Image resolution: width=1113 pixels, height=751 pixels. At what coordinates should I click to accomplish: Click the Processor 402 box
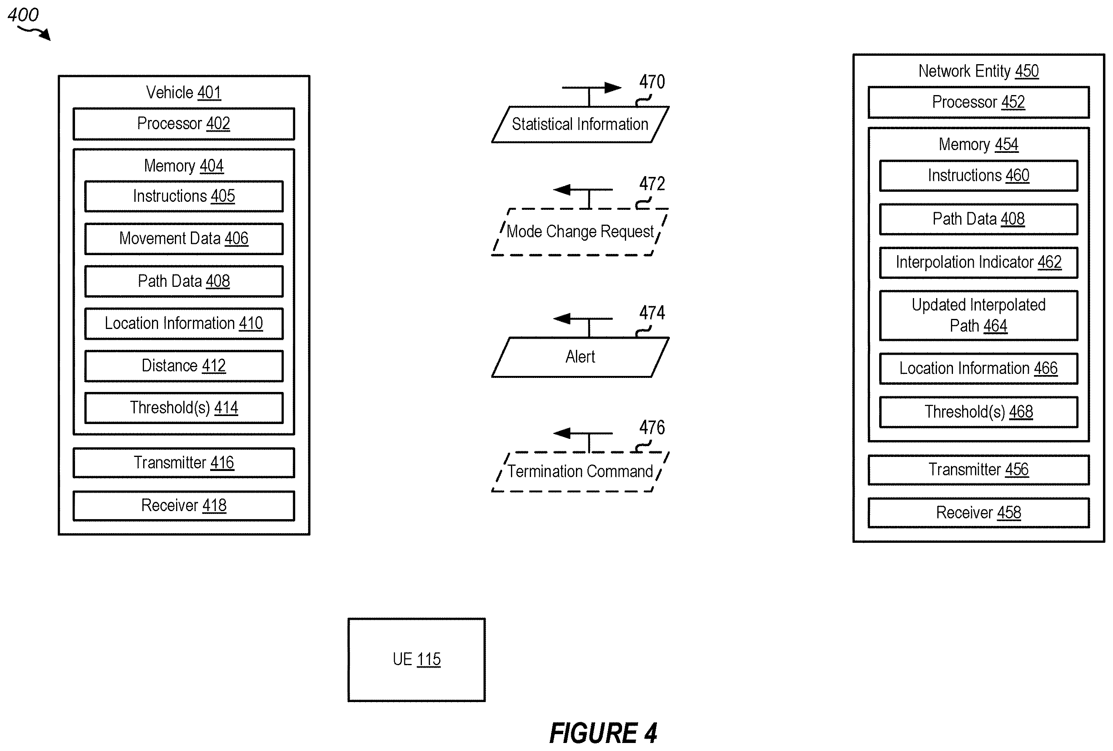(x=184, y=124)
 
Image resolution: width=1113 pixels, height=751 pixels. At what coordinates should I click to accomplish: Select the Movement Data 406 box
(x=184, y=239)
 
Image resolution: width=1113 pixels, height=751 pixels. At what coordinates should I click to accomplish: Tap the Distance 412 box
(x=184, y=366)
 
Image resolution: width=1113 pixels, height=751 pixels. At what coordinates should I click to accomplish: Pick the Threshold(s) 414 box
(x=184, y=408)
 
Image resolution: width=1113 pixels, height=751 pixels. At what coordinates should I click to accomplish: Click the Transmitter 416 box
(x=184, y=463)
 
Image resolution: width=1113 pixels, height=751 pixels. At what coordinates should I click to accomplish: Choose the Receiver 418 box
(x=184, y=505)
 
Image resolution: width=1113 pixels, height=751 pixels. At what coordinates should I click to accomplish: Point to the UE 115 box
(x=416, y=660)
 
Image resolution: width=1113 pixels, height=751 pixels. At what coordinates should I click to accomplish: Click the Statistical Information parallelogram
(x=580, y=124)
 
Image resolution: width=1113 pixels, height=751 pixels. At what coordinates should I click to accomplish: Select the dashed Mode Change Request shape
(x=580, y=232)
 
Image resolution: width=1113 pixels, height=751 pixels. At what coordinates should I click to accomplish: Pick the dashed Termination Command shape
(x=580, y=472)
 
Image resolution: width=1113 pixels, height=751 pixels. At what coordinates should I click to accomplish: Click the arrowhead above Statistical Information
(x=613, y=87)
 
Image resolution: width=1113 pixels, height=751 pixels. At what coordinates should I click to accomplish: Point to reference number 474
(x=652, y=313)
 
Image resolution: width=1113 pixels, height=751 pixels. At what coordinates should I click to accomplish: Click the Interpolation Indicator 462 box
(x=979, y=262)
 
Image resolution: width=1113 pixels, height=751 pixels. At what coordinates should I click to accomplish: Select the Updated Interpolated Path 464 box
(x=979, y=316)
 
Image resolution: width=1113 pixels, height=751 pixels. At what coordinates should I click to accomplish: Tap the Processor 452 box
(x=979, y=102)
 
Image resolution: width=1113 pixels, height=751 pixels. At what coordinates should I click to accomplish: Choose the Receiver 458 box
(x=979, y=513)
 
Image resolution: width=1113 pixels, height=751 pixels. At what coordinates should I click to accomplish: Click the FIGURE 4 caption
(x=603, y=733)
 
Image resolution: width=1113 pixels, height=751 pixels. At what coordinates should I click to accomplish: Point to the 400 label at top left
(x=23, y=15)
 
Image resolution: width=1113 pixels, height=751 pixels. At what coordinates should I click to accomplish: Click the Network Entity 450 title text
(x=979, y=71)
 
